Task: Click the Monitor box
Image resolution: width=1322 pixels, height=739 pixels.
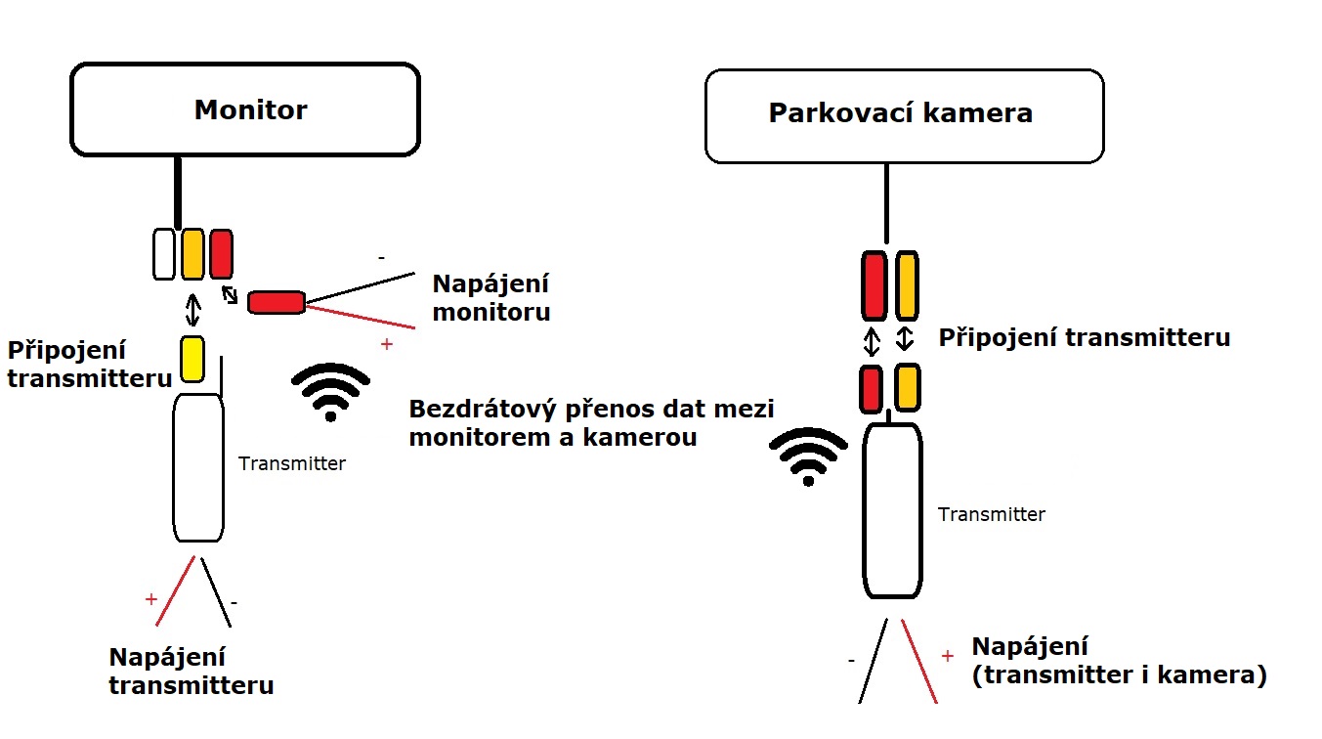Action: point(245,109)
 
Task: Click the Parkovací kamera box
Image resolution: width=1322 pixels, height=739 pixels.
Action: point(903,114)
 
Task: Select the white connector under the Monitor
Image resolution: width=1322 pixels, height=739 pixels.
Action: point(164,253)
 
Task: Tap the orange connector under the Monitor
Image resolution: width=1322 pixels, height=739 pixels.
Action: point(192,253)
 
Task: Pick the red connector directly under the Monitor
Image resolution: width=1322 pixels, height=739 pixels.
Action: point(221,253)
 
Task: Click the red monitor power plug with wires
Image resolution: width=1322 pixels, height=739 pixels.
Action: point(277,302)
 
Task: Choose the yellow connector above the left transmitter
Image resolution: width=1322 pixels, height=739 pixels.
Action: point(192,359)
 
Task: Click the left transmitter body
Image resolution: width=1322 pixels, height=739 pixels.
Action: point(198,467)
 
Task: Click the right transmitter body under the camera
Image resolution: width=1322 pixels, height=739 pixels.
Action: point(892,510)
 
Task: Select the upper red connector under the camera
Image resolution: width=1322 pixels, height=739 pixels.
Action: point(874,285)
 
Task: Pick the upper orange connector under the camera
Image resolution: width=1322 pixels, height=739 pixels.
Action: point(907,285)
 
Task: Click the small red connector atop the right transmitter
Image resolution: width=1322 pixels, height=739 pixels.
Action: point(872,387)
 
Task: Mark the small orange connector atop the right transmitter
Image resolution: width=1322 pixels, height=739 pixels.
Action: point(908,386)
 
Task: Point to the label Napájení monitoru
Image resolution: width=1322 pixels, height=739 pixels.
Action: point(490,298)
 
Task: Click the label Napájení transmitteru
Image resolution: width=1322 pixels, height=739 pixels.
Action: point(191,671)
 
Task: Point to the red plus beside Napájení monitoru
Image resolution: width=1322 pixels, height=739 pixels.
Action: point(387,344)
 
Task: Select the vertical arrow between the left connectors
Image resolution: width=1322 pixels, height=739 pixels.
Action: point(193,311)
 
